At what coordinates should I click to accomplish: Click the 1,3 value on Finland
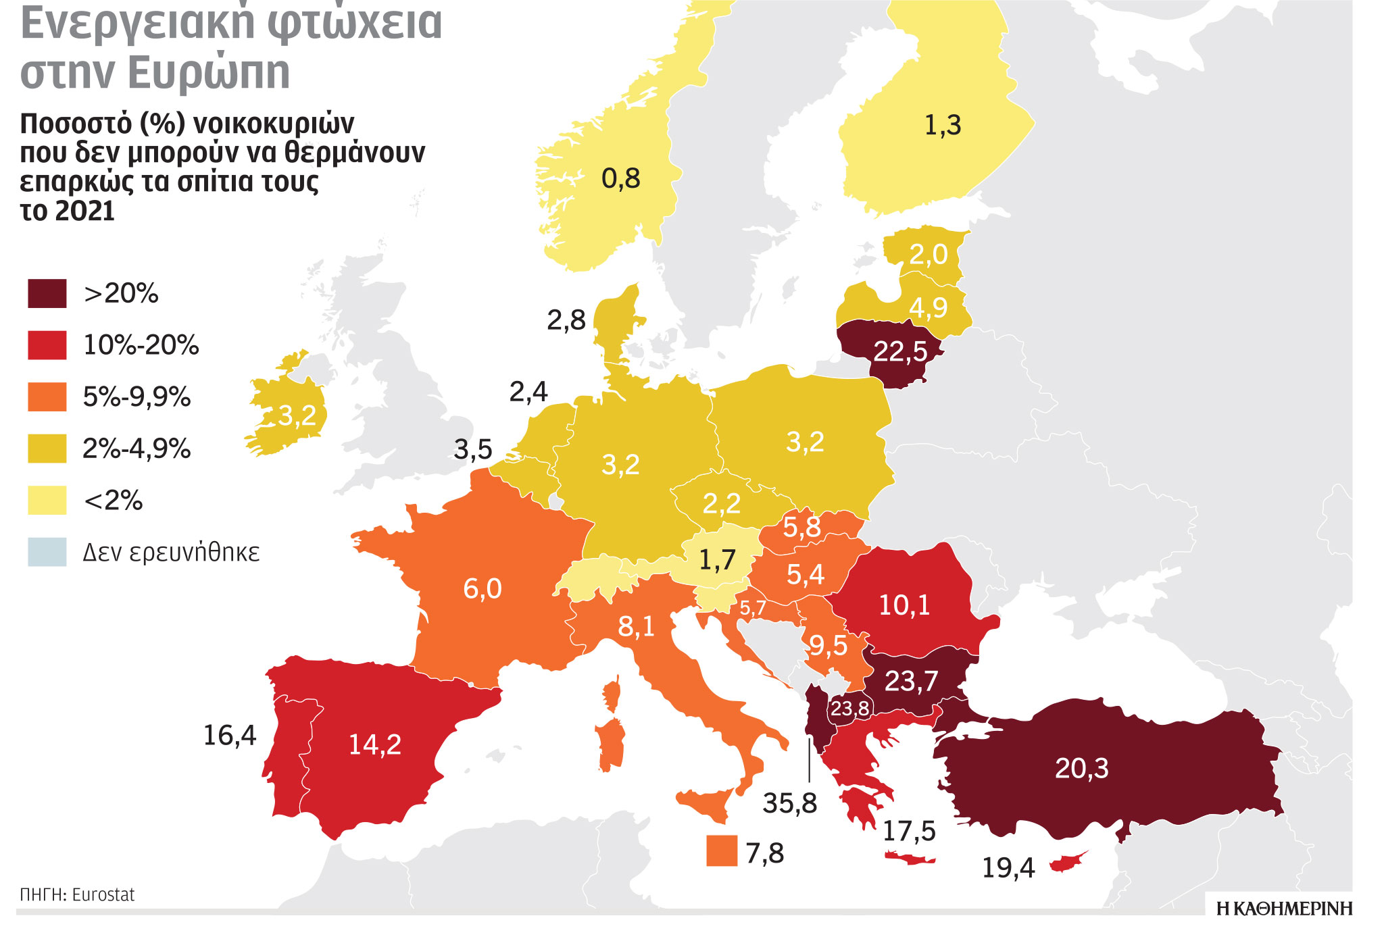click(x=942, y=126)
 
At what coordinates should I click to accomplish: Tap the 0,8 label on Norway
click(x=620, y=179)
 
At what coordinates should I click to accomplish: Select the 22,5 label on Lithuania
click(x=900, y=352)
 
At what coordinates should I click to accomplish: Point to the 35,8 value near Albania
click(x=789, y=803)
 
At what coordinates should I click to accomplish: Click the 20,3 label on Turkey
click(x=1081, y=769)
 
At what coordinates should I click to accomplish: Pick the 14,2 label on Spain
click(x=374, y=745)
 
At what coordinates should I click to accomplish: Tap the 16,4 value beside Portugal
click(x=230, y=736)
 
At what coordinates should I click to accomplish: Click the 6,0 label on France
click(x=482, y=589)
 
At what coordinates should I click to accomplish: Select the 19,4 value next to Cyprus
click(x=1008, y=868)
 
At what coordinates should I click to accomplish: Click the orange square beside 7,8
click(x=721, y=850)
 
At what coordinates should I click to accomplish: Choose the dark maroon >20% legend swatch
click(x=47, y=294)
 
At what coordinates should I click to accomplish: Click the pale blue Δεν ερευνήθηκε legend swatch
click(x=47, y=552)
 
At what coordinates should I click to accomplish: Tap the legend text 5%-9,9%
click(x=137, y=397)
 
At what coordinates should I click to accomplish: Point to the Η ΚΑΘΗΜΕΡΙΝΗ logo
click(x=1284, y=909)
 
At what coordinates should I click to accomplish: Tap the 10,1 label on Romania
click(x=904, y=605)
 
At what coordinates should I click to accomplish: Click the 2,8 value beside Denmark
click(x=566, y=321)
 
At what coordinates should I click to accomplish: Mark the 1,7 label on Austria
click(x=716, y=560)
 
